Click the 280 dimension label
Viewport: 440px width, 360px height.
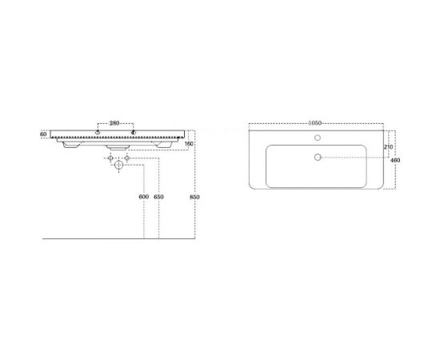(114, 123)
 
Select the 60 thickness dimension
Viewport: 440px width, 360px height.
(43, 134)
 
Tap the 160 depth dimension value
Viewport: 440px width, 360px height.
(190, 144)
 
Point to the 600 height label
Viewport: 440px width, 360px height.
(144, 197)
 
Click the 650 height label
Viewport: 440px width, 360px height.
(158, 197)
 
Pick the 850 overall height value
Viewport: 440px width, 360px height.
(194, 197)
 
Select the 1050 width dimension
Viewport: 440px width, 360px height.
(315, 123)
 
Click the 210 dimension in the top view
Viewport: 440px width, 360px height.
(388, 146)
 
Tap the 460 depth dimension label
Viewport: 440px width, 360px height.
(395, 160)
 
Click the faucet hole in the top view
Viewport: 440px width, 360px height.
(318, 138)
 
